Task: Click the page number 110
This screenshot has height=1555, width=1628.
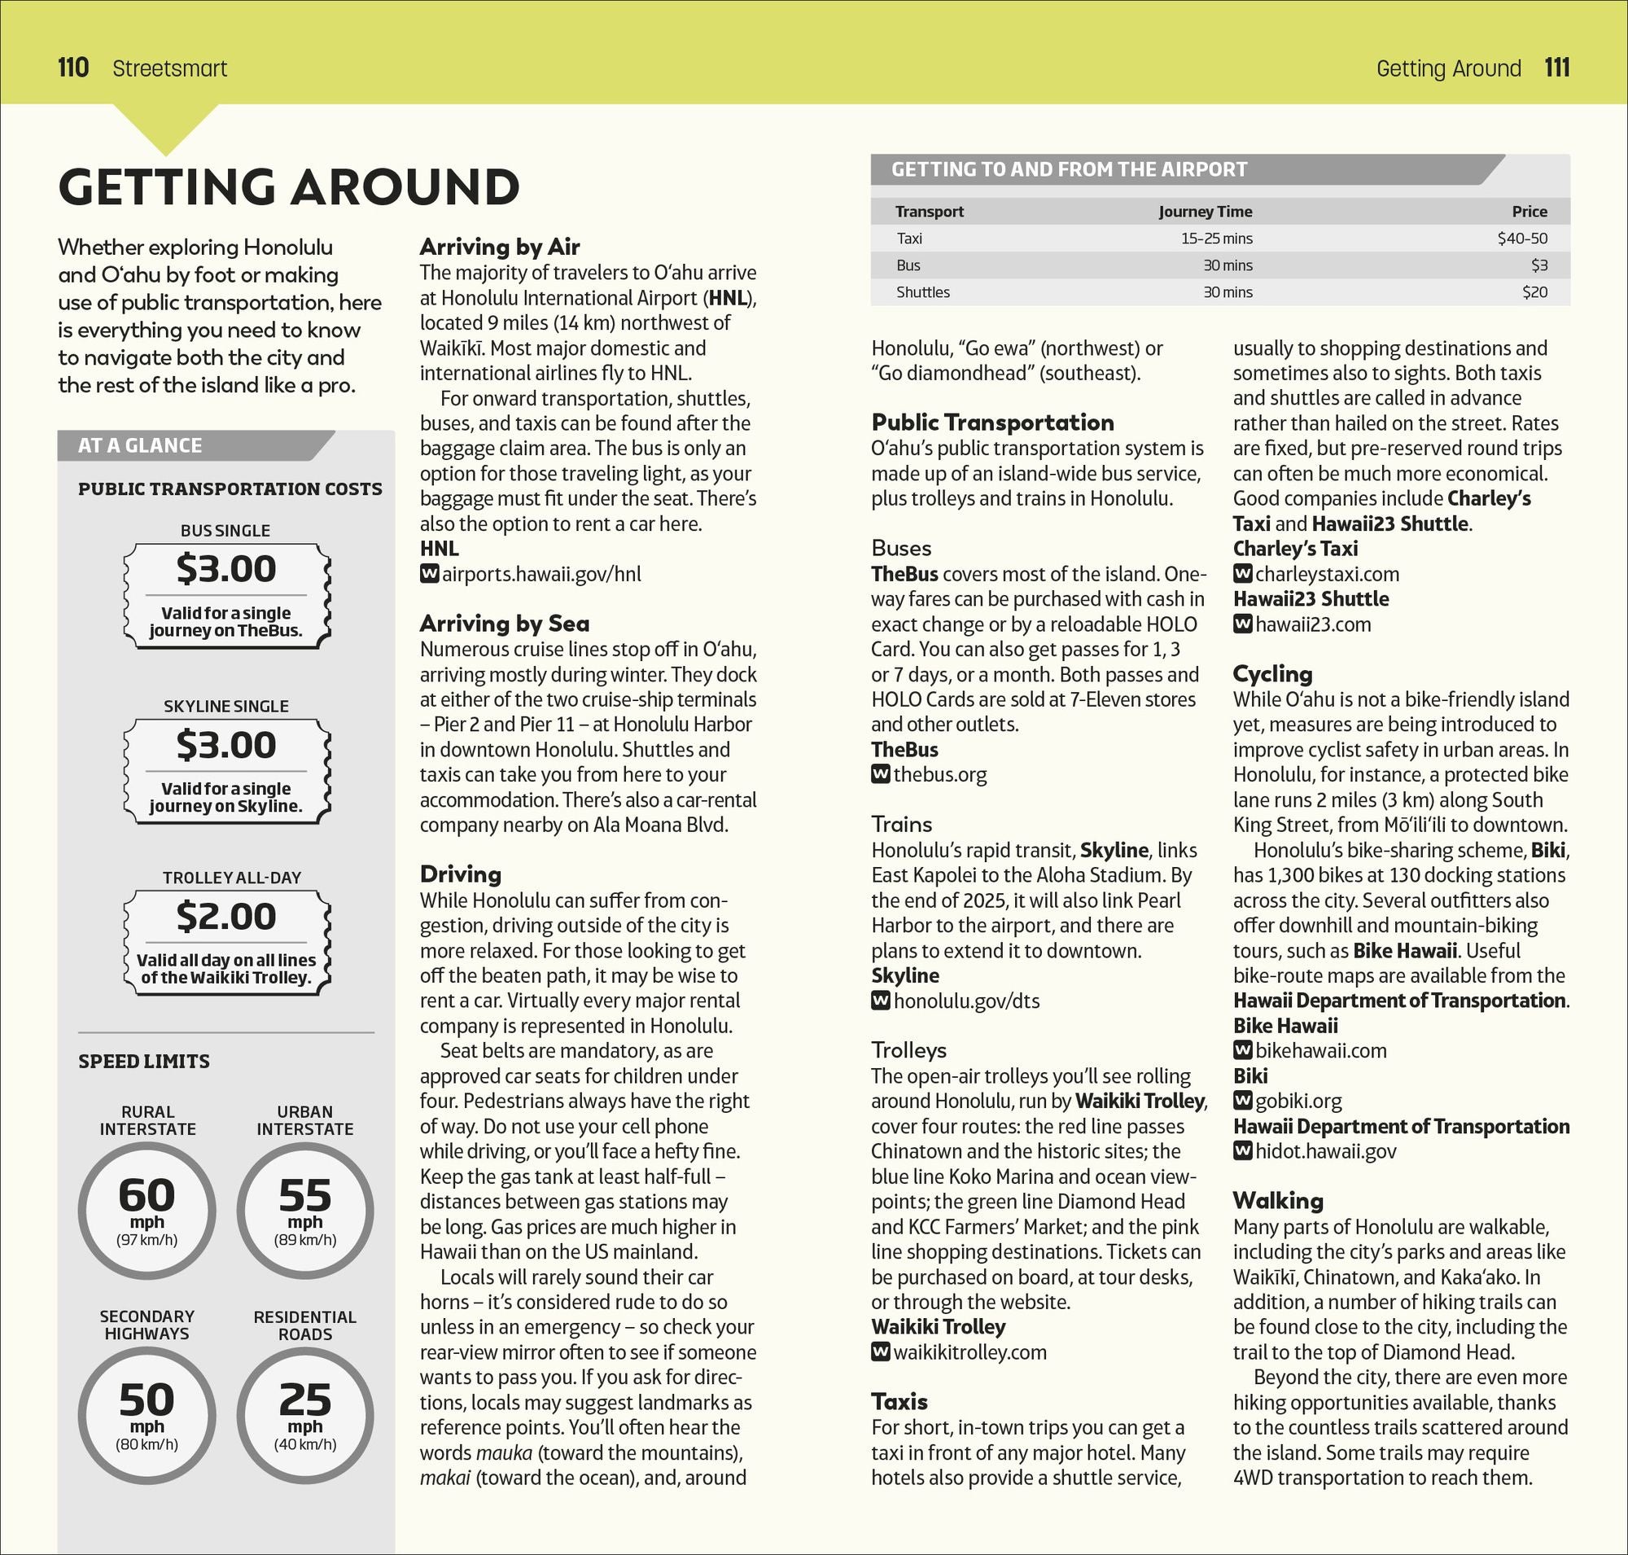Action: [x=73, y=68]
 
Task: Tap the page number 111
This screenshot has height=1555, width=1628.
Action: [x=1556, y=68]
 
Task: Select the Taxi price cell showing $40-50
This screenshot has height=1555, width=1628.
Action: [x=1522, y=239]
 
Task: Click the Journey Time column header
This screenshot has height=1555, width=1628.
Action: [x=1205, y=212]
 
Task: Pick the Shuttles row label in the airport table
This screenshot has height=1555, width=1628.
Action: [x=922, y=292]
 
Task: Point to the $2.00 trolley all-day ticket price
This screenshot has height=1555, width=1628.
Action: [x=225, y=917]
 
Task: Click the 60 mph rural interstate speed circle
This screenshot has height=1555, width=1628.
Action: [x=147, y=1211]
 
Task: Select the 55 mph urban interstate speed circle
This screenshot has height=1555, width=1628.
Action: [x=305, y=1211]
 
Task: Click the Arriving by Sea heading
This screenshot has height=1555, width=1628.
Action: [x=504, y=624]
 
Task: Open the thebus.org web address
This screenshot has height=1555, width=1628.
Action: [x=940, y=775]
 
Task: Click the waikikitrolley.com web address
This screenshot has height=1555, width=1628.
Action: [x=969, y=1352]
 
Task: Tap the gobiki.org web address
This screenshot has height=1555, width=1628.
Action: [x=1298, y=1101]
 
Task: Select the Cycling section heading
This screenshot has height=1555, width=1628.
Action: [x=1272, y=674]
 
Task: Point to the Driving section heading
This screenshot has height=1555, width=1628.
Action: [x=460, y=874]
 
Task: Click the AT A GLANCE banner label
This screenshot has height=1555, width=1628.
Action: [x=140, y=446]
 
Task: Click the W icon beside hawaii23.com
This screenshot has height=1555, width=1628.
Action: [x=1241, y=624]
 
